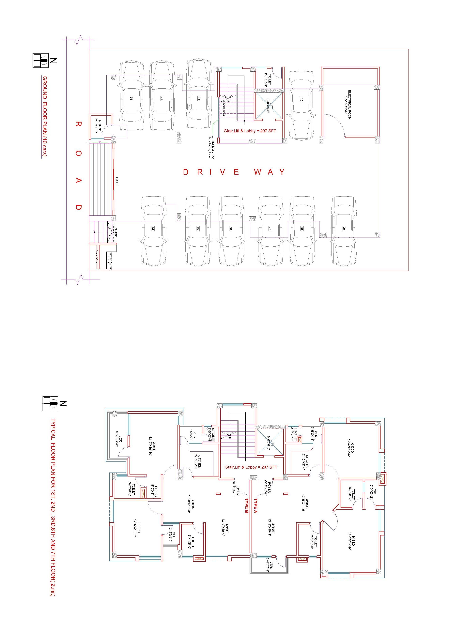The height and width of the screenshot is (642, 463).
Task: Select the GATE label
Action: coord(117,181)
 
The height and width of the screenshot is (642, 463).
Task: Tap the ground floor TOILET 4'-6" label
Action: coord(268,80)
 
